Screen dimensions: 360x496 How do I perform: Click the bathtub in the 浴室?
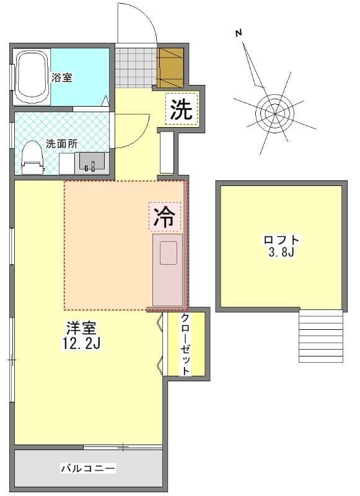(32, 77)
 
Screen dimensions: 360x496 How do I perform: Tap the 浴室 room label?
(62, 77)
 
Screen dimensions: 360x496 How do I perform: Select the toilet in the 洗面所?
(32, 157)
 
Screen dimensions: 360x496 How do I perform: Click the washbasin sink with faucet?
(92, 162)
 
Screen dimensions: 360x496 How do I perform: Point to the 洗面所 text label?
(61, 144)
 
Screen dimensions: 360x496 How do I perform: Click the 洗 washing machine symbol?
(182, 108)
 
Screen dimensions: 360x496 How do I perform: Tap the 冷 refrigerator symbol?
(165, 216)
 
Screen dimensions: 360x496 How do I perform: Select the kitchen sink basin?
(168, 253)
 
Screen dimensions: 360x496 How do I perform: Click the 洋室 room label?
(81, 328)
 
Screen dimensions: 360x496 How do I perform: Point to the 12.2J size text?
(81, 343)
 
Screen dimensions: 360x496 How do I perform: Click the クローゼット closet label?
(185, 344)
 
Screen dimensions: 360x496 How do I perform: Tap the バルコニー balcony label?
(89, 467)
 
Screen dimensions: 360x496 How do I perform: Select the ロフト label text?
(281, 240)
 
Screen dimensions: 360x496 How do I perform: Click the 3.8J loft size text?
(281, 252)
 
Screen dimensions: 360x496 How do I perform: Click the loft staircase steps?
(321, 336)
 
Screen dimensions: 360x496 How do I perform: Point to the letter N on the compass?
(239, 33)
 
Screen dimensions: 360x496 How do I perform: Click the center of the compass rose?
(274, 113)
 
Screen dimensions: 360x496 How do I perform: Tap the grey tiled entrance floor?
(136, 68)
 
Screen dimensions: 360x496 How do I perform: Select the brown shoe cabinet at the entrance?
(170, 68)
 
